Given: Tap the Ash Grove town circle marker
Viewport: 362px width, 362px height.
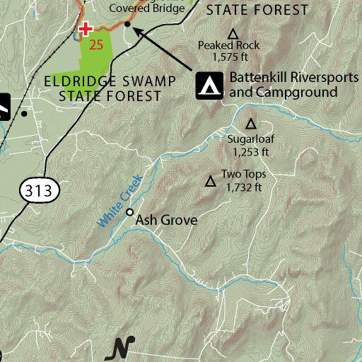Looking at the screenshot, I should (x=130, y=212).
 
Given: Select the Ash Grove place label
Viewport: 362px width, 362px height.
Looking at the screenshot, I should (x=166, y=220).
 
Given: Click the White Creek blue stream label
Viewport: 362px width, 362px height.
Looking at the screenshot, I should (x=120, y=202).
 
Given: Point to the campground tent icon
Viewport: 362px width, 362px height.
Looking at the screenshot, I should (x=209, y=85).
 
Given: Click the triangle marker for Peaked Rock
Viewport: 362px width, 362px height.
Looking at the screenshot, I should (x=232, y=33).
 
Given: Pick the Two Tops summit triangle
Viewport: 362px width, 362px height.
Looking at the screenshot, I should (x=210, y=182).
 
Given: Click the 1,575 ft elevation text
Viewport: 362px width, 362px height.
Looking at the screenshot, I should (x=228, y=57).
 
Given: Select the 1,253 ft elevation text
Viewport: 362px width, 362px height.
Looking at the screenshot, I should (x=250, y=151).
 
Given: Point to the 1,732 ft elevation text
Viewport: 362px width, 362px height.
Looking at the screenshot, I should (x=244, y=187).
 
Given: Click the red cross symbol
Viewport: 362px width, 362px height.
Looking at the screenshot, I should (x=86, y=29).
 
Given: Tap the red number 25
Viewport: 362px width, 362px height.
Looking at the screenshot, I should (x=98, y=45).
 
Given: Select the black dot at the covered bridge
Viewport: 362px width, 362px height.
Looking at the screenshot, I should (x=127, y=24).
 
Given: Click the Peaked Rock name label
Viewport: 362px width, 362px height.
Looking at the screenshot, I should (x=228, y=45).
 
